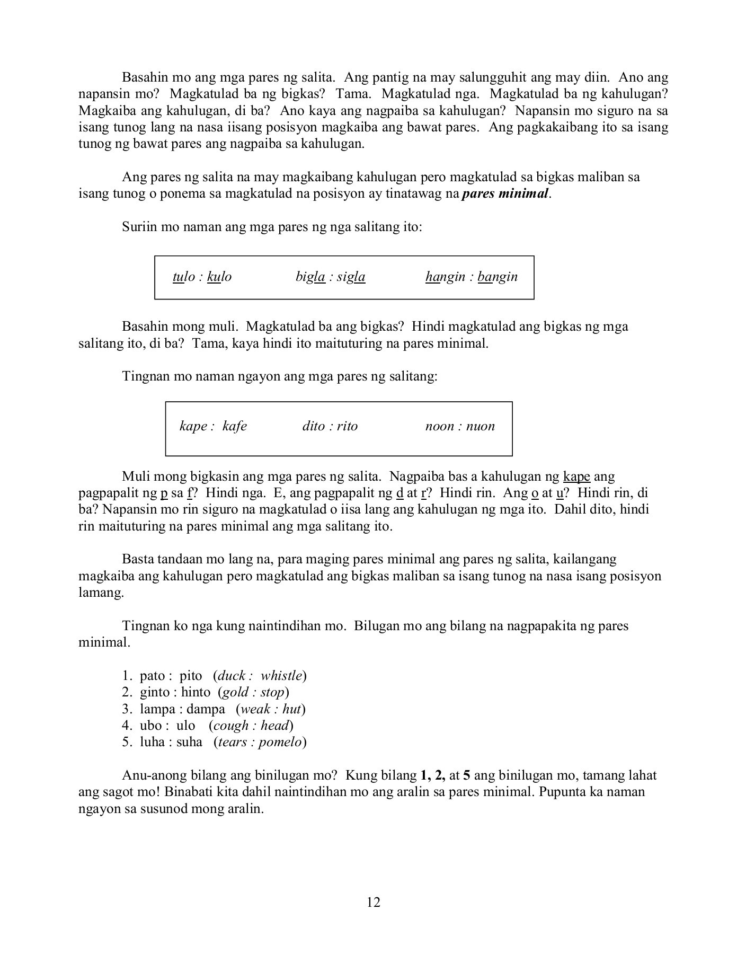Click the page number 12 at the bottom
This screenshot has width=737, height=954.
coord(373,902)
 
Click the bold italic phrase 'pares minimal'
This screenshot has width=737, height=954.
coord(505,193)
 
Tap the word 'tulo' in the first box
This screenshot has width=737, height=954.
coord(183,277)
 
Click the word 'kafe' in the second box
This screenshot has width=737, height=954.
coord(234,426)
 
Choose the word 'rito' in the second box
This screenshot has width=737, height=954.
coord(347,426)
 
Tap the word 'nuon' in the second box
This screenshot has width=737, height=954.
coord(480,426)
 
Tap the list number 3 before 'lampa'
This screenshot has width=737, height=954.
coord(126,709)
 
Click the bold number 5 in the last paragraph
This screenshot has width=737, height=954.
coord(467,776)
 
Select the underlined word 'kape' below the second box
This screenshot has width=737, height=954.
coord(576,476)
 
